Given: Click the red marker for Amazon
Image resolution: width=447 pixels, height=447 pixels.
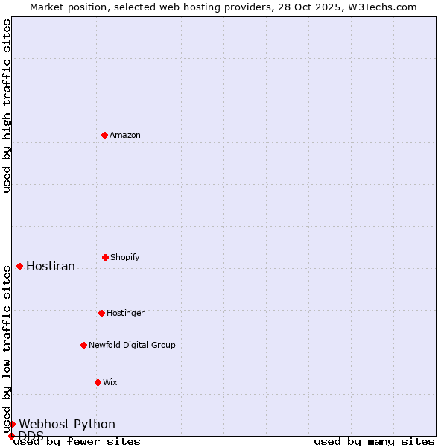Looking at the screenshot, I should [105, 135].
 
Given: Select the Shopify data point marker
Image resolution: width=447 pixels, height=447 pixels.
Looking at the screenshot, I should [106, 257].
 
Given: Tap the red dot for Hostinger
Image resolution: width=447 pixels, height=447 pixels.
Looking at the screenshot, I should [102, 313].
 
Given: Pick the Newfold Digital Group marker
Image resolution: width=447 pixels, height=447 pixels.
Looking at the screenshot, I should [84, 345].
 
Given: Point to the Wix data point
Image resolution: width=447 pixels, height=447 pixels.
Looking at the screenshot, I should [98, 382].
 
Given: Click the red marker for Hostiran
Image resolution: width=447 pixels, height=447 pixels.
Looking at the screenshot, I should [20, 266].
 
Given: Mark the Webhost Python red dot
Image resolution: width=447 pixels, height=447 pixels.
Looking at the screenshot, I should [13, 424].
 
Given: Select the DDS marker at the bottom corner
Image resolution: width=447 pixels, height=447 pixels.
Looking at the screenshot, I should [12, 436].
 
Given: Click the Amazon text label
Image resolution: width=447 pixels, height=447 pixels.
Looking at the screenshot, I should [125, 135].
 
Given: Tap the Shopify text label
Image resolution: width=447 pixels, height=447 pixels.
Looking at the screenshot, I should [125, 257].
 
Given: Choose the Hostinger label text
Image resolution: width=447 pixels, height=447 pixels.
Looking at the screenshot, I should [125, 313].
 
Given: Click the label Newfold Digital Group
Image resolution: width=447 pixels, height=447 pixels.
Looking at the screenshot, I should [132, 345].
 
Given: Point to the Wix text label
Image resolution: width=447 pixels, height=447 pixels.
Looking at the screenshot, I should [110, 382].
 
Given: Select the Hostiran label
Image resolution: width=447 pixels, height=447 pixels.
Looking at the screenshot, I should [51, 267].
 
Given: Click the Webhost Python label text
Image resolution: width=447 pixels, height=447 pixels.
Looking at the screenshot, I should [67, 425].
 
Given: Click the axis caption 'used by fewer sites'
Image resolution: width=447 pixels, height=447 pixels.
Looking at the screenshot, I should [77, 441].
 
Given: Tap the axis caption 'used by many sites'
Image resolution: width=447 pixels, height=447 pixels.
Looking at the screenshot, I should [374, 441].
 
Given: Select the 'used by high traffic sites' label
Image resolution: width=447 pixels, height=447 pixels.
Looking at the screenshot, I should [7, 106].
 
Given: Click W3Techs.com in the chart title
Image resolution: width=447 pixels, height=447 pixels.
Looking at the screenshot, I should [381, 7].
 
